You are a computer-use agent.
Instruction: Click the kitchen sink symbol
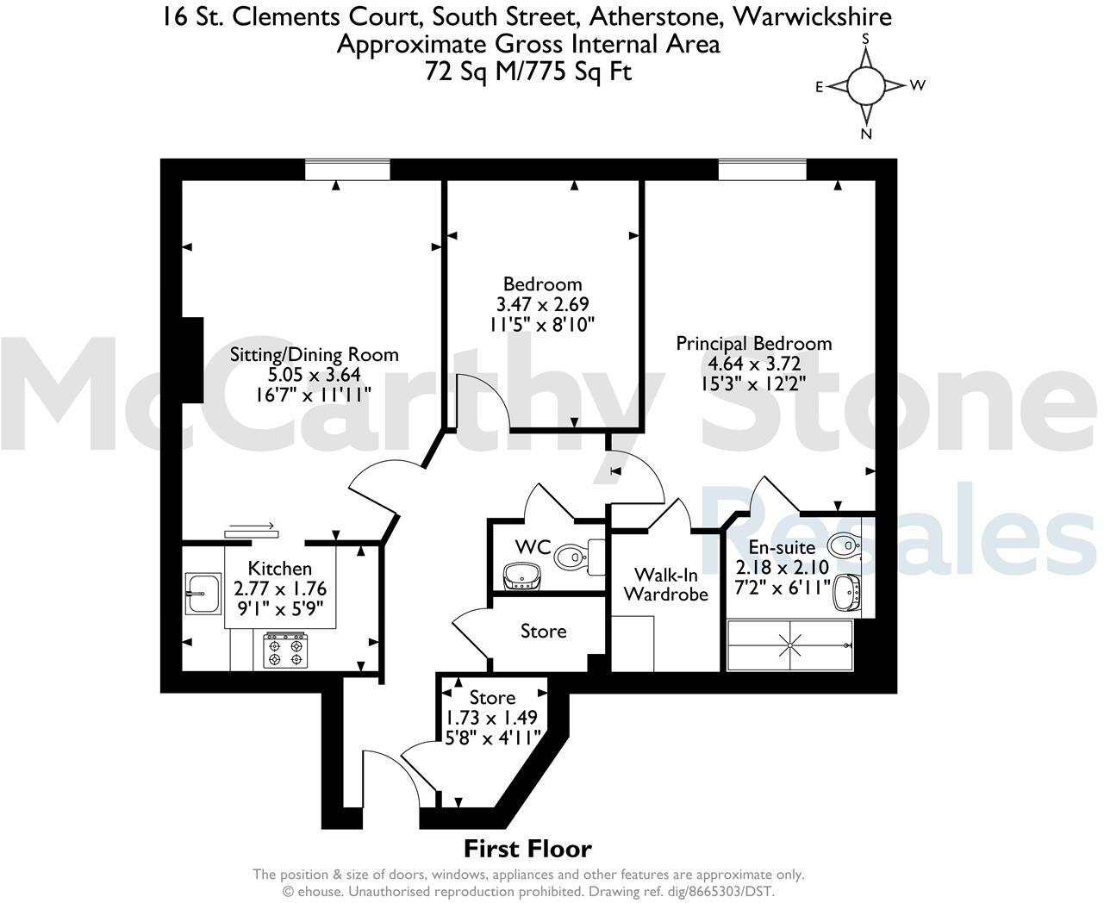pyautogui.click(x=203, y=594)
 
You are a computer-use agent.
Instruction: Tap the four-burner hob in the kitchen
pyautogui.click(x=285, y=650)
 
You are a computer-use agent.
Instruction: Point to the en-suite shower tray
pyautogui.click(x=789, y=645)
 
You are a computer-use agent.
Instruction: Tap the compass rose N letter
pyautogui.click(x=867, y=134)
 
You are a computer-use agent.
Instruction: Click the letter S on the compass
pyautogui.click(x=866, y=39)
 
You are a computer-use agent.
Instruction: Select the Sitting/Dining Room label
pyautogui.click(x=314, y=354)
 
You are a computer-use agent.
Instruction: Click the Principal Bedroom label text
pyautogui.click(x=753, y=343)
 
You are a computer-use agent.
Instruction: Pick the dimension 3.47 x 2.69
pyautogui.click(x=542, y=304)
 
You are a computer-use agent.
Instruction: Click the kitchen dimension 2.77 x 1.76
pyautogui.click(x=280, y=589)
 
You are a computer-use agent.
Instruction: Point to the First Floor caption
pyautogui.click(x=527, y=849)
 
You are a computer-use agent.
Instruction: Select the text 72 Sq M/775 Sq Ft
pyautogui.click(x=527, y=72)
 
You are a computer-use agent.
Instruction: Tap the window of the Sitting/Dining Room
pyautogui.click(x=347, y=170)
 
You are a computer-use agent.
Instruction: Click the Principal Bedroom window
pyautogui.click(x=763, y=170)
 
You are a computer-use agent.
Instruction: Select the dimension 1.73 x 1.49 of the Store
pyautogui.click(x=492, y=717)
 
